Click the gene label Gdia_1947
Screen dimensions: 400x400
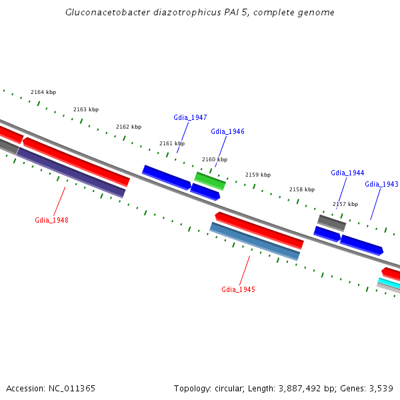[190, 117]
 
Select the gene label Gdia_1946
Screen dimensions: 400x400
[227, 131]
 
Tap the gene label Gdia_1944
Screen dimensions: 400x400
[347, 173]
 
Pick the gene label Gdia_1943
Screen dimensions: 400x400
[381, 184]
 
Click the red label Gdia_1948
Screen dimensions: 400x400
[51, 220]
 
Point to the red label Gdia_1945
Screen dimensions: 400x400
[238, 289]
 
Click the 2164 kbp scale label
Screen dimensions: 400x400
[43, 92]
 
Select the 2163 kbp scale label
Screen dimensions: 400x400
[86, 109]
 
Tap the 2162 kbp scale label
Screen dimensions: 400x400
[129, 127]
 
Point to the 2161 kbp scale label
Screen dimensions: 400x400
[172, 143]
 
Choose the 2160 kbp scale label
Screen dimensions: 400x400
[215, 159]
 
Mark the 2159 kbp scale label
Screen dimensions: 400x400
[258, 175]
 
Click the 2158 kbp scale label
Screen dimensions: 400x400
[301, 189]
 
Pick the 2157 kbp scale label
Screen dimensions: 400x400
[345, 204]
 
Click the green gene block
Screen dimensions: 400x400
[210, 180]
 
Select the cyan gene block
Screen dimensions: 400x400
[389, 283]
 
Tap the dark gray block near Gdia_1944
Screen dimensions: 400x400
[331, 223]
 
